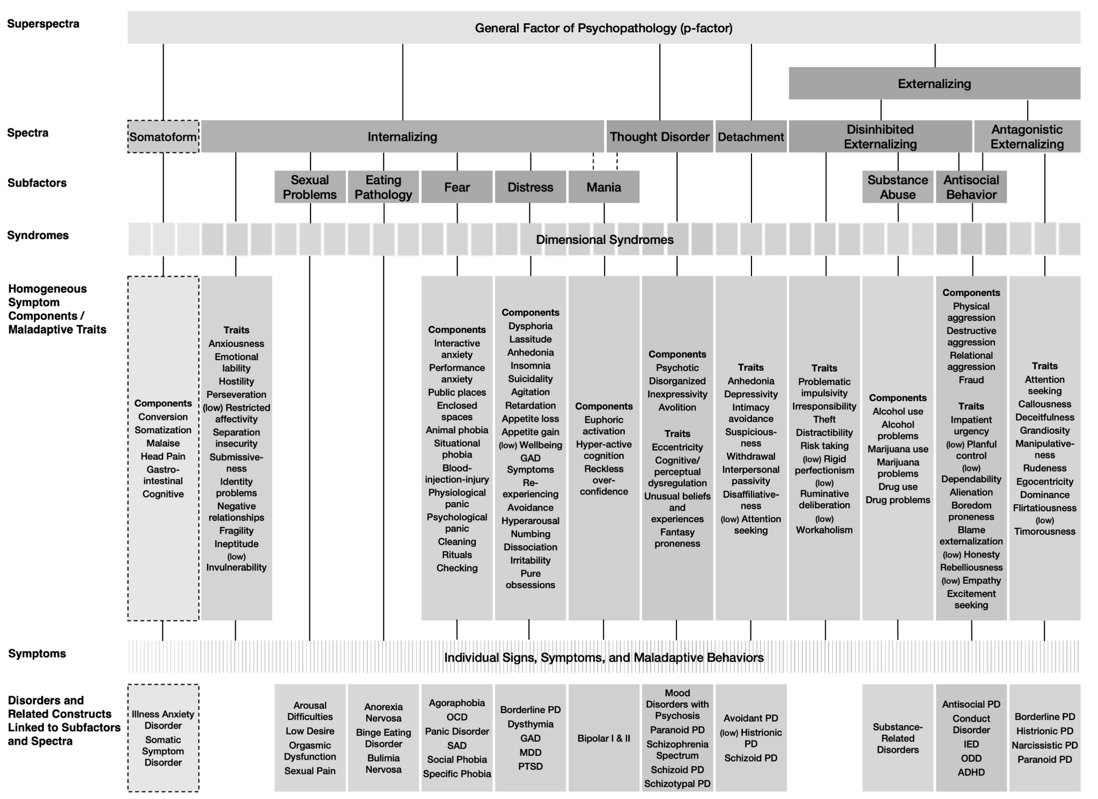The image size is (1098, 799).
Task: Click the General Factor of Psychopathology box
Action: tap(603, 28)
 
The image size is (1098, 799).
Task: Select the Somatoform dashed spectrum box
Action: tap(163, 137)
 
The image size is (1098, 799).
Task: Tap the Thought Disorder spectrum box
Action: tap(659, 137)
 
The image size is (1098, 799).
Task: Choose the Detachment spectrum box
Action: tap(751, 137)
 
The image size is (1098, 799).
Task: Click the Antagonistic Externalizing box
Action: tap(1027, 137)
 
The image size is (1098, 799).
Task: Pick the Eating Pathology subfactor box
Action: tap(383, 187)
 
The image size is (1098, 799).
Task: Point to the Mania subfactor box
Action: tap(603, 187)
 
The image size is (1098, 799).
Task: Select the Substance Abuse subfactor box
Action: tap(897, 187)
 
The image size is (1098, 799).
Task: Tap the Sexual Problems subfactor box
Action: tap(310, 187)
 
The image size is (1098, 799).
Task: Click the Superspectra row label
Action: tap(43, 24)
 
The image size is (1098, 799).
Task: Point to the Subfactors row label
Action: tap(37, 183)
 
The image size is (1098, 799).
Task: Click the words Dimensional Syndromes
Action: tap(604, 240)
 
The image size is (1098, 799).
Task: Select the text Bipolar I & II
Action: tap(603, 738)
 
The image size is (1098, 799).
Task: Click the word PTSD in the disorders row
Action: tap(530, 766)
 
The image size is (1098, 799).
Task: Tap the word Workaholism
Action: tap(824, 530)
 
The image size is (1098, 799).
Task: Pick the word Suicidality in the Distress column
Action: tap(530, 379)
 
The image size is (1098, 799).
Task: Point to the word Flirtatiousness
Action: tap(1044, 508)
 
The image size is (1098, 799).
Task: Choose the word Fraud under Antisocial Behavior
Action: tap(971, 380)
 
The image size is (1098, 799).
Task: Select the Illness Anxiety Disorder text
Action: tap(163, 720)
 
